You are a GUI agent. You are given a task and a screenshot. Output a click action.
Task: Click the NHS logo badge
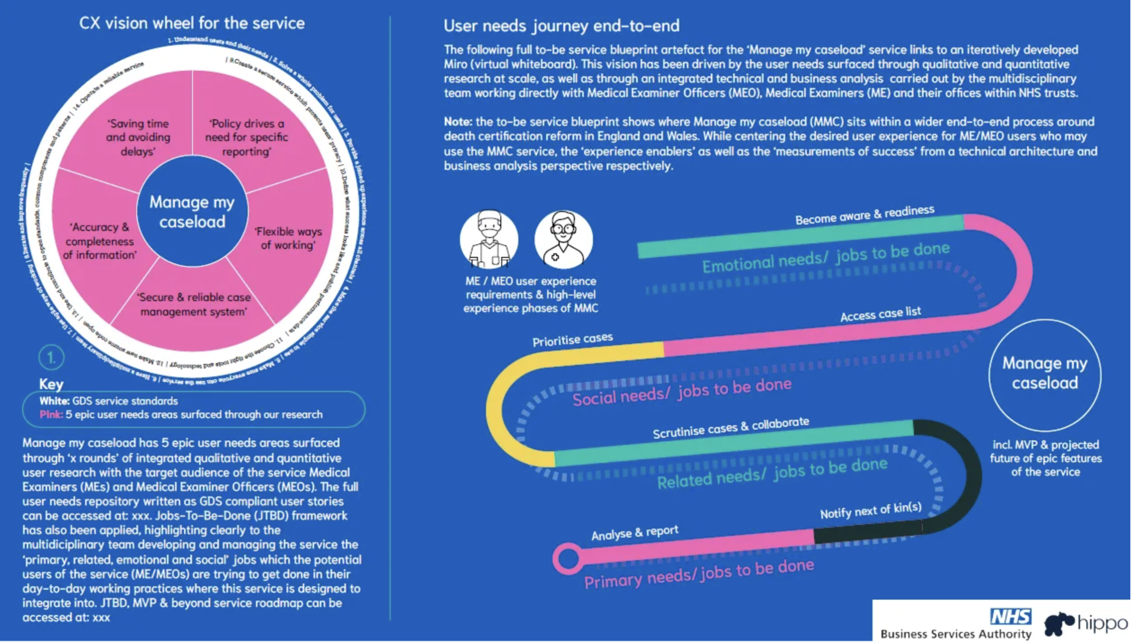coord(1011,617)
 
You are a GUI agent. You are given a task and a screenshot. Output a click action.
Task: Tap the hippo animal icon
coord(1059,625)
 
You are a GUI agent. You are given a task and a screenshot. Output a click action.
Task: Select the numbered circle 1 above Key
coord(51,358)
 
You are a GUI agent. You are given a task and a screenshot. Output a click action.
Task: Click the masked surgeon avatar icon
coord(489,239)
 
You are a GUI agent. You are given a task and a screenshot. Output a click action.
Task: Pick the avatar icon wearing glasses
coord(563,239)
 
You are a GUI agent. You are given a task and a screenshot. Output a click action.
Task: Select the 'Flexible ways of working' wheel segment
coord(288,238)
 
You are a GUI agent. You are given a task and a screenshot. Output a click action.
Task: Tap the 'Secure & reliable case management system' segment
coord(194,304)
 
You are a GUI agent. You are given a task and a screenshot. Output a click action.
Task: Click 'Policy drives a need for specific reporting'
coord(246,137)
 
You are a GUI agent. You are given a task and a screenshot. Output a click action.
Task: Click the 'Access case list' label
coord(880,314)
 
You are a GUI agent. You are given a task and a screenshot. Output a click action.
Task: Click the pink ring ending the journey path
coord(567,559)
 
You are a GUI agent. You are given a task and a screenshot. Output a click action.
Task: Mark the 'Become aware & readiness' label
coord(864,215)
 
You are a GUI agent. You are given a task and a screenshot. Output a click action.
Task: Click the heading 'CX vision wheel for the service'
coord(192,23)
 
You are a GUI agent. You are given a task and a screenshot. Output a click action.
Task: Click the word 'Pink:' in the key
coord(51,415)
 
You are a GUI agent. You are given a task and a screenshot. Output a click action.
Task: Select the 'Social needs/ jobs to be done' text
coord(682,392)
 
